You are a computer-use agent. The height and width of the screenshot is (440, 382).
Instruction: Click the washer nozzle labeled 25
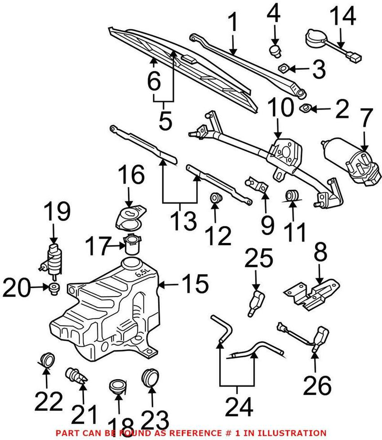click(256, 301)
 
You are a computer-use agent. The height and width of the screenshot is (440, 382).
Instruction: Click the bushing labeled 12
click(215, 198)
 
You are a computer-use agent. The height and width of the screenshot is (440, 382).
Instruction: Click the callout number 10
click(280, 109)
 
